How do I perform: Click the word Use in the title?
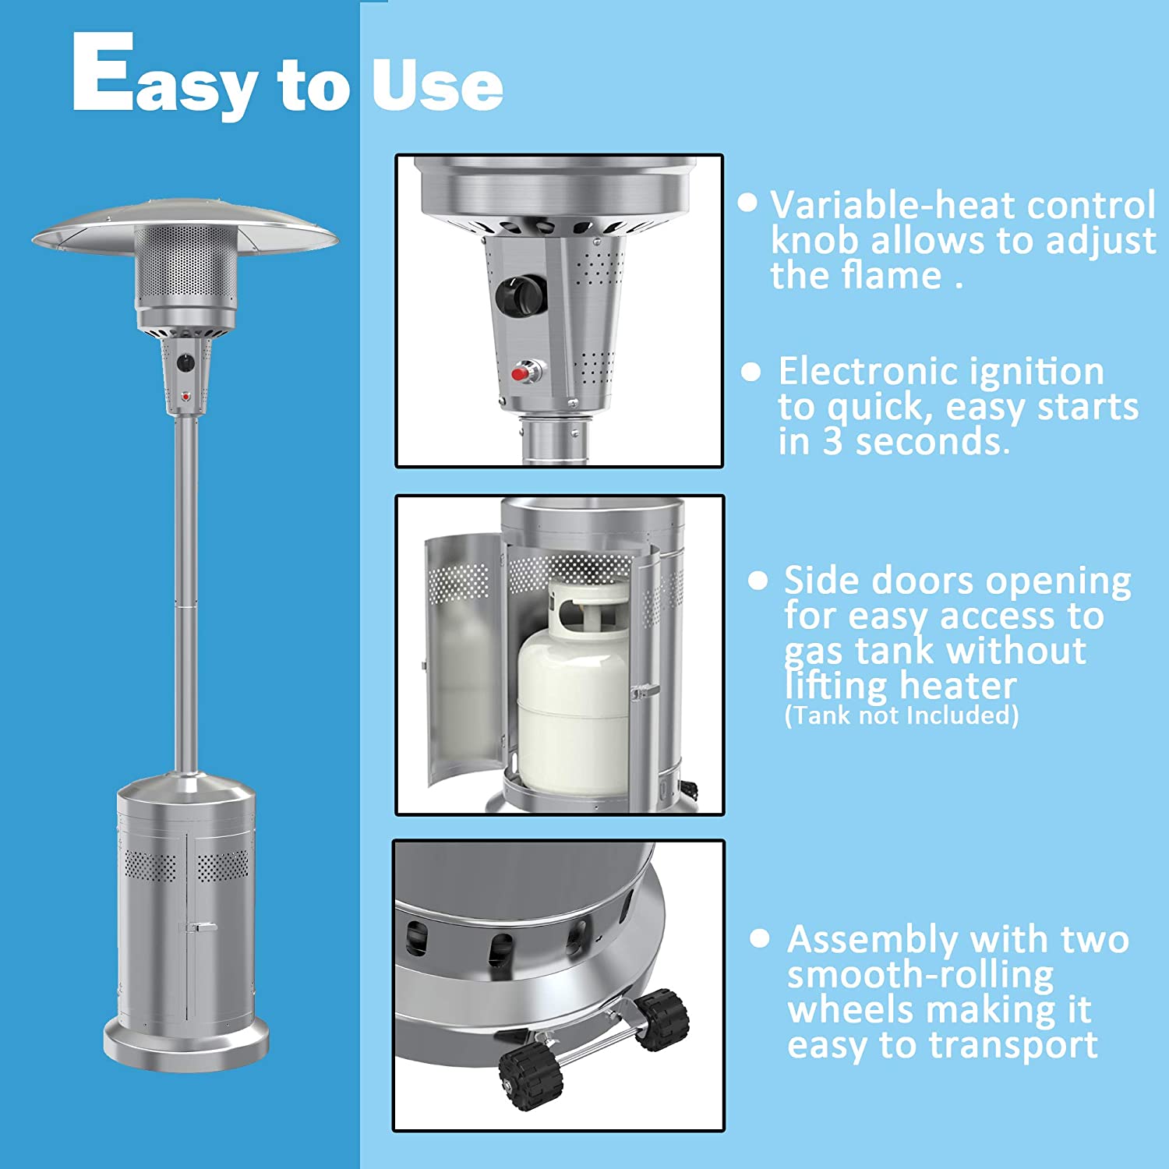pyautogui.click(x=437, y=84)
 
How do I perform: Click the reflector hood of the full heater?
pyautogui.click(x=185, y=228)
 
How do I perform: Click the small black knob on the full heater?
pyautogui.click(x=185, y=362)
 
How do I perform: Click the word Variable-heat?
pyautogui.click(x=893, y=206)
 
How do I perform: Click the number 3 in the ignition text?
pyautogui.click(x=832, y=442)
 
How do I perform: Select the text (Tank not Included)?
pyautogui.click(x=902, y=715)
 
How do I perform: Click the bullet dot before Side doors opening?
pyautogui.click(x=758, y=580)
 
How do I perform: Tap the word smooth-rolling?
pyautogui.click(x=920, y=976)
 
